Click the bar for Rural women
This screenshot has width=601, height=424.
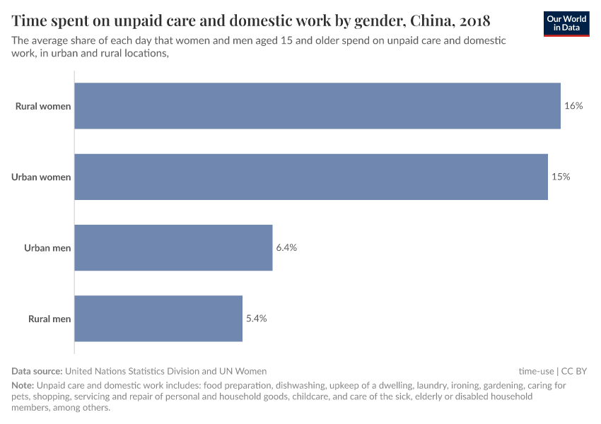(317, 106)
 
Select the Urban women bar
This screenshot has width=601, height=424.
(311, 177)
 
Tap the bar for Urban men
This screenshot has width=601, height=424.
(173, 247)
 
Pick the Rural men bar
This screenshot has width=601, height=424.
(158, 318)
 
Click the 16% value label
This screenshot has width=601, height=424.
(573, 106)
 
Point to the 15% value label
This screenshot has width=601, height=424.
(561, 177)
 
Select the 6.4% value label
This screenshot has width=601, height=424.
(286, 247)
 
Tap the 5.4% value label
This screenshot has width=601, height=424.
(256, 318)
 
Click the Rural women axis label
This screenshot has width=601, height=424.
(43, 107)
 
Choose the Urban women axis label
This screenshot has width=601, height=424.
(41, 177)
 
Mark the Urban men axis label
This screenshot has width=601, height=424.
(47, 248)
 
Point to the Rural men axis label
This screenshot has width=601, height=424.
(49, 319)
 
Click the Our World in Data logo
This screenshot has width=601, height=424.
(566, 23)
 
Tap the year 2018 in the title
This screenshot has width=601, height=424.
(470, 20)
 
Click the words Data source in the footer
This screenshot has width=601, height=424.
(37, 370)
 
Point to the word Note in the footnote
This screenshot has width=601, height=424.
(22, 386)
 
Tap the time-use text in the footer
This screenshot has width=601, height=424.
(536, 370)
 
